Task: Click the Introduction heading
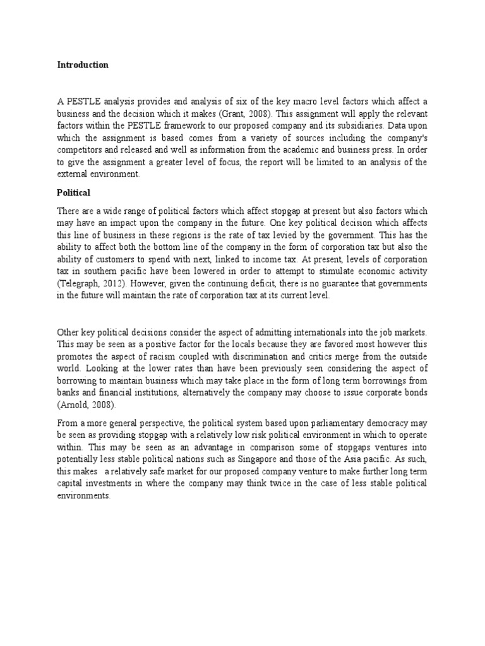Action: pyautogui.click(x=83, y=65)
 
